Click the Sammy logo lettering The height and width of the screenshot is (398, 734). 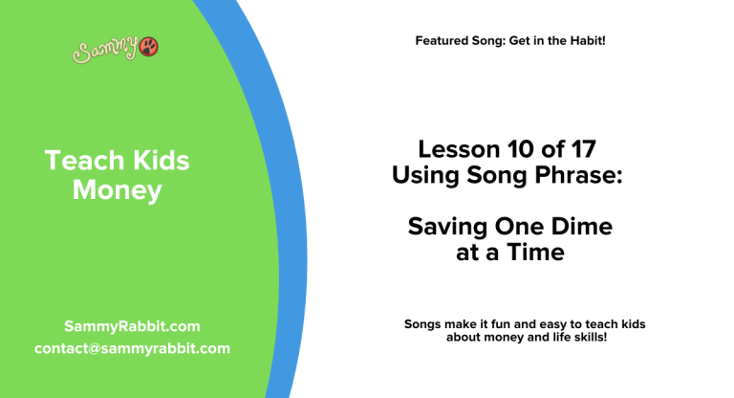[x=104, y=49]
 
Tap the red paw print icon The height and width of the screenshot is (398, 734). [x=149, y=46]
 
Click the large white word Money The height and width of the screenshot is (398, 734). [x=117, y=190]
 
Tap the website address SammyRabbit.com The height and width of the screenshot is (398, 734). [x=132, y=326]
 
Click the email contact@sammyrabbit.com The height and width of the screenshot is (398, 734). [x=132, y=348]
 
